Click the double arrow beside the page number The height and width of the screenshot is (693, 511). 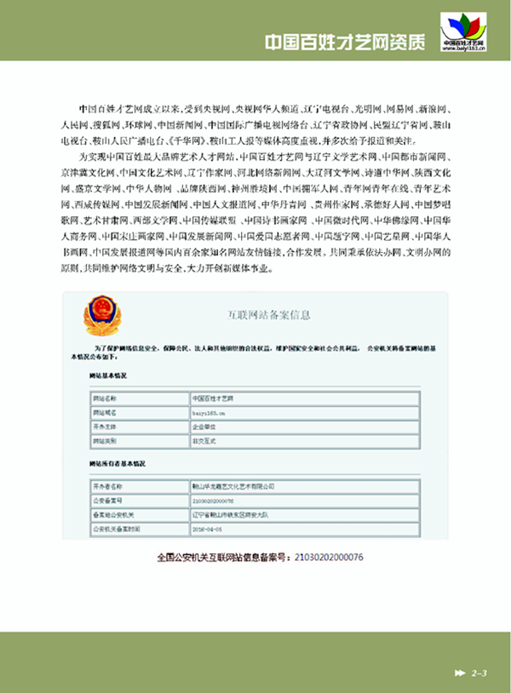click(x=460, y=674)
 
